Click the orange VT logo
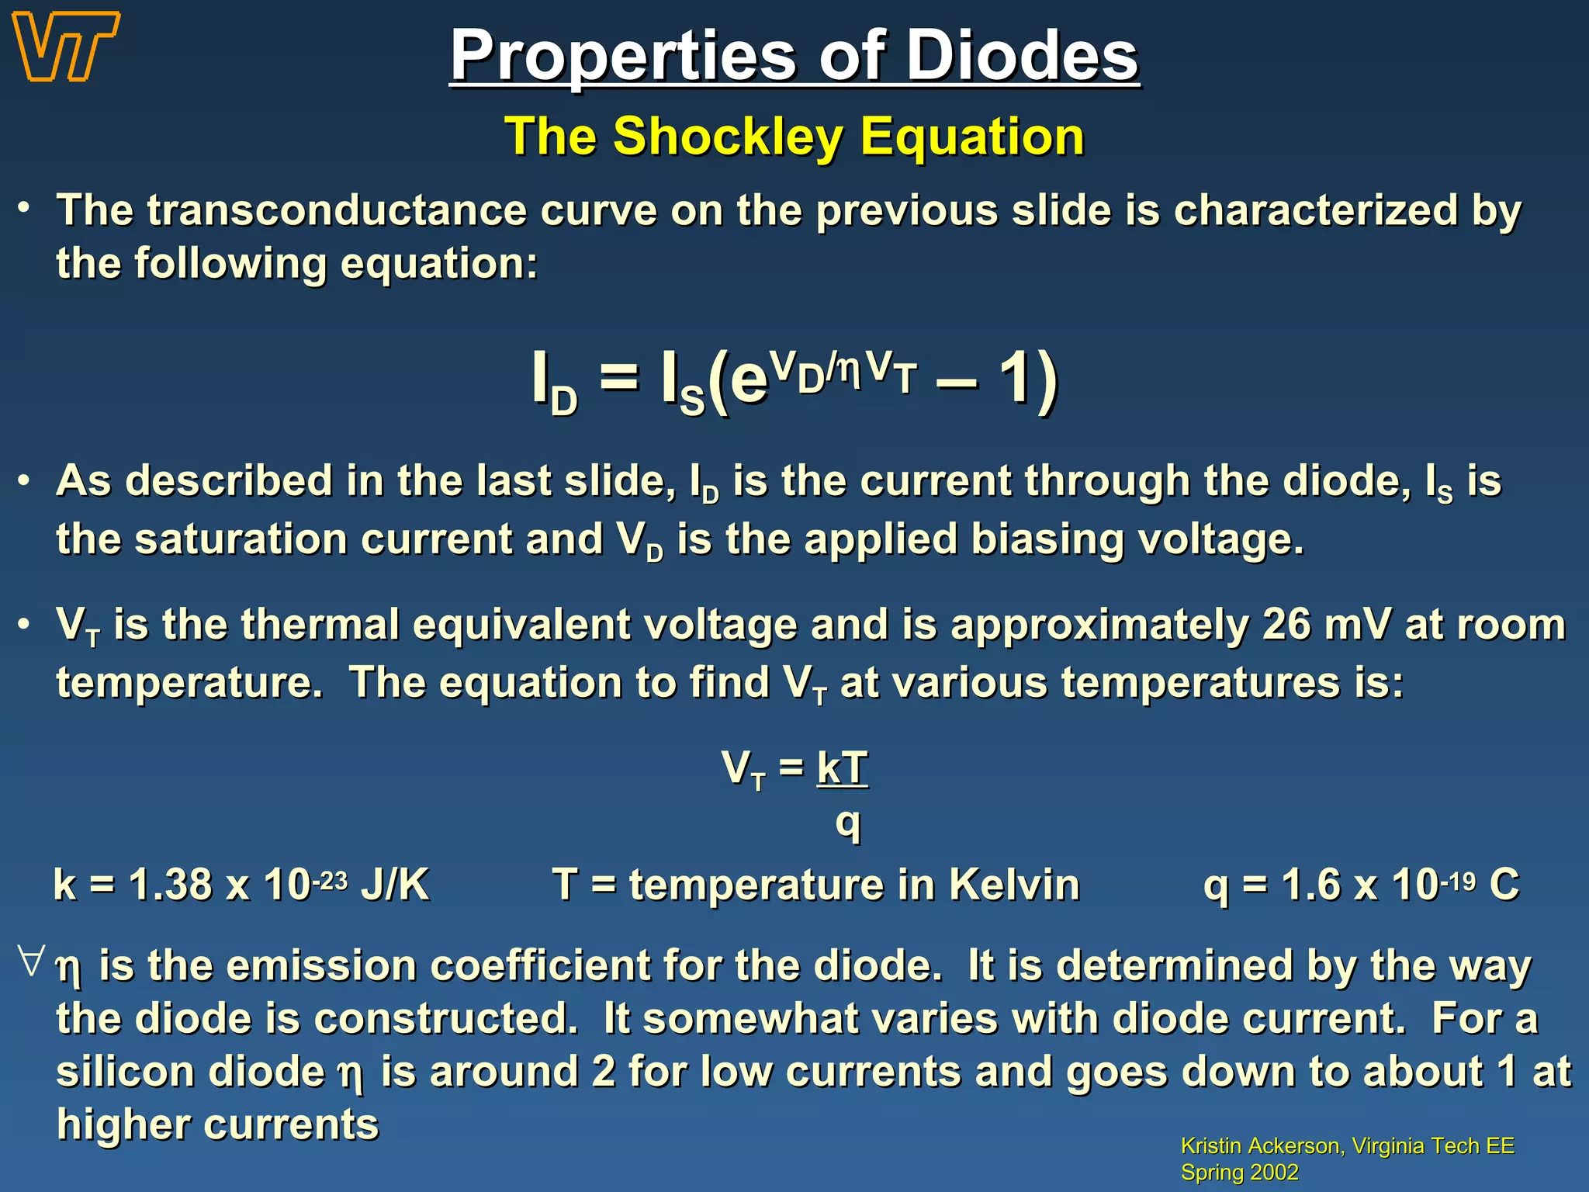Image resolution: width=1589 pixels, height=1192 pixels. [66, 47]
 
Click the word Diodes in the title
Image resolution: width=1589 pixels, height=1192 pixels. [1022, 56]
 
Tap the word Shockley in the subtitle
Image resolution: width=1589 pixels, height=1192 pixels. [728, 137]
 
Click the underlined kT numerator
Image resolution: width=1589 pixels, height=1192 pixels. [842, 768]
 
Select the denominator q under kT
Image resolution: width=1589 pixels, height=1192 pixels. [847, 823]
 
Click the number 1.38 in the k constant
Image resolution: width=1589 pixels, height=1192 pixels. [171, 885]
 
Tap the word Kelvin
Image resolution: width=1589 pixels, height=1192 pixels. [1014, 885]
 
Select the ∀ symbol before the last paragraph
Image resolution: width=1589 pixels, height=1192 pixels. [32, 960]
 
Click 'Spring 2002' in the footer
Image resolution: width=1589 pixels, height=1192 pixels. [1239, 1172]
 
